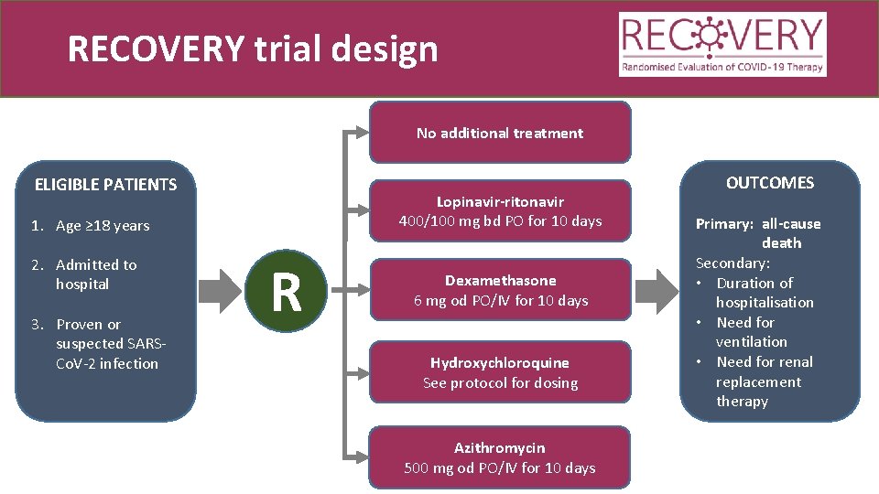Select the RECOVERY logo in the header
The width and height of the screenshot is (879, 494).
723,44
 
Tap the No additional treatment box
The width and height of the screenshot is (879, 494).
500,133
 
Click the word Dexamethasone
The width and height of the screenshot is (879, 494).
500,281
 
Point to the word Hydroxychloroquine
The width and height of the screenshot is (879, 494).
500,363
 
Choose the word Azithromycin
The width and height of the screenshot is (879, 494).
500,448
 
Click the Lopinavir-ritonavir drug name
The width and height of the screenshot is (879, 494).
500,201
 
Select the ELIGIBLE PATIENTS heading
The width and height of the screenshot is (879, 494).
105,185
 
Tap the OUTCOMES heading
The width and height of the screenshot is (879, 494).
769,183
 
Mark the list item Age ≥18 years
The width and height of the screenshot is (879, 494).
91,226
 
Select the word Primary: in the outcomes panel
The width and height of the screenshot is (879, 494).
724,224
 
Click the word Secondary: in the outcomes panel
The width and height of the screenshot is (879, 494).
732,263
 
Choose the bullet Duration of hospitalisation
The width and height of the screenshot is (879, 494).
760,293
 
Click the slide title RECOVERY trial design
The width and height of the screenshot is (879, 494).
253,49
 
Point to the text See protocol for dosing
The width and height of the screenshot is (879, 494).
500,383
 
